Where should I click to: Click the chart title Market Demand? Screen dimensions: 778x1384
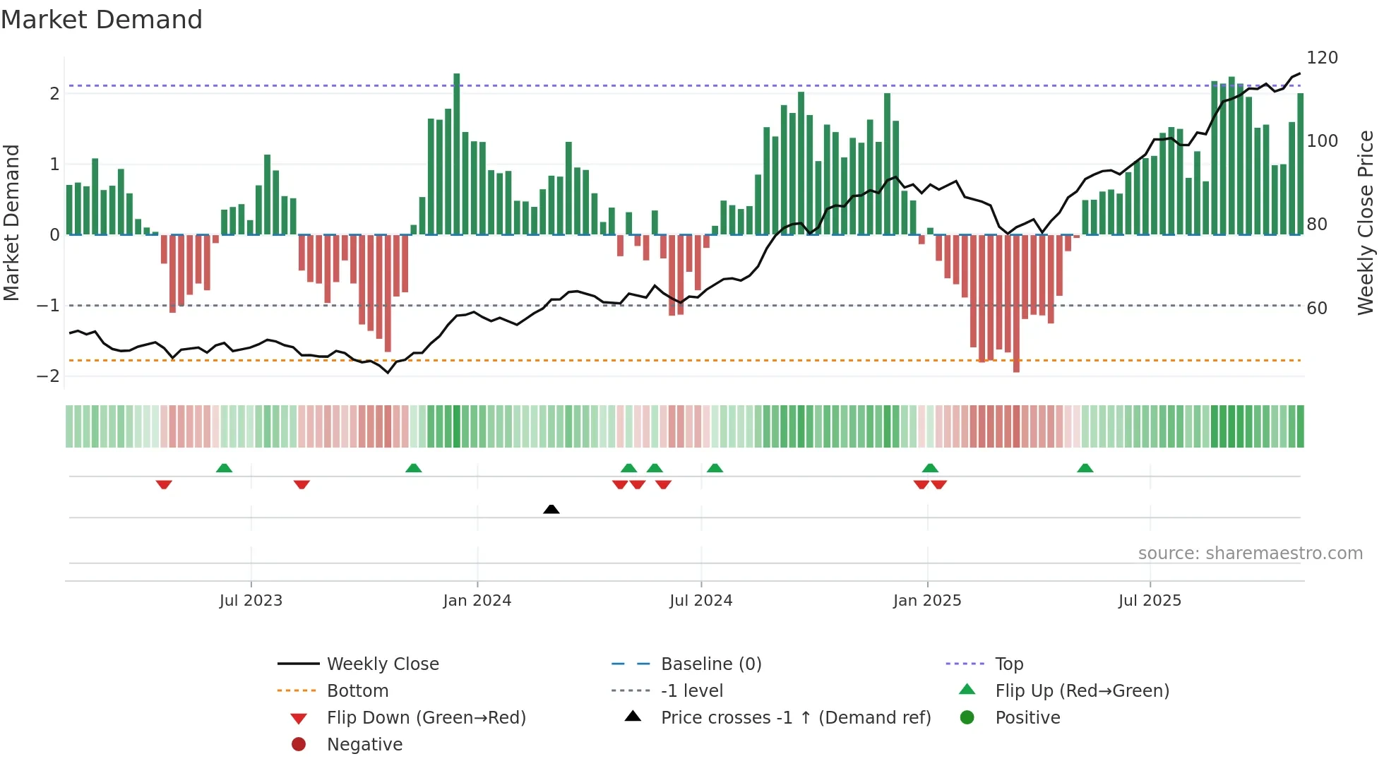[x=102, y=20]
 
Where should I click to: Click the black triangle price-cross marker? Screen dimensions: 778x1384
[x=551, y=509]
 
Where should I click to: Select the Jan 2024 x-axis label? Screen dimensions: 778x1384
[x=477, y=601]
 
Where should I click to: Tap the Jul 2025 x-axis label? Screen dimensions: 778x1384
[x=1149, y=601]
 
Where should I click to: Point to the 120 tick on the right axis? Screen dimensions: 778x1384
[x=1322, y=58]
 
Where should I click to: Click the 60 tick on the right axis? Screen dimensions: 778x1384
[x=1316, y=309]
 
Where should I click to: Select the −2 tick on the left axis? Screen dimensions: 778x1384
[x=49, y=376]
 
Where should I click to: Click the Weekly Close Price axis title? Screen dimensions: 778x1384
[x=1366, y=222]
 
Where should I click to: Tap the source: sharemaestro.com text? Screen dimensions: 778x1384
[x=1250, y=553]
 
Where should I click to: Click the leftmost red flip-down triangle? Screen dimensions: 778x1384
[x=164, y=485]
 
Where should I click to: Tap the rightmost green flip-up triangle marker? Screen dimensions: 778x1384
[x=1085, y=468]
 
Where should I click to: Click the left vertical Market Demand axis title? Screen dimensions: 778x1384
[x=12, y=222]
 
